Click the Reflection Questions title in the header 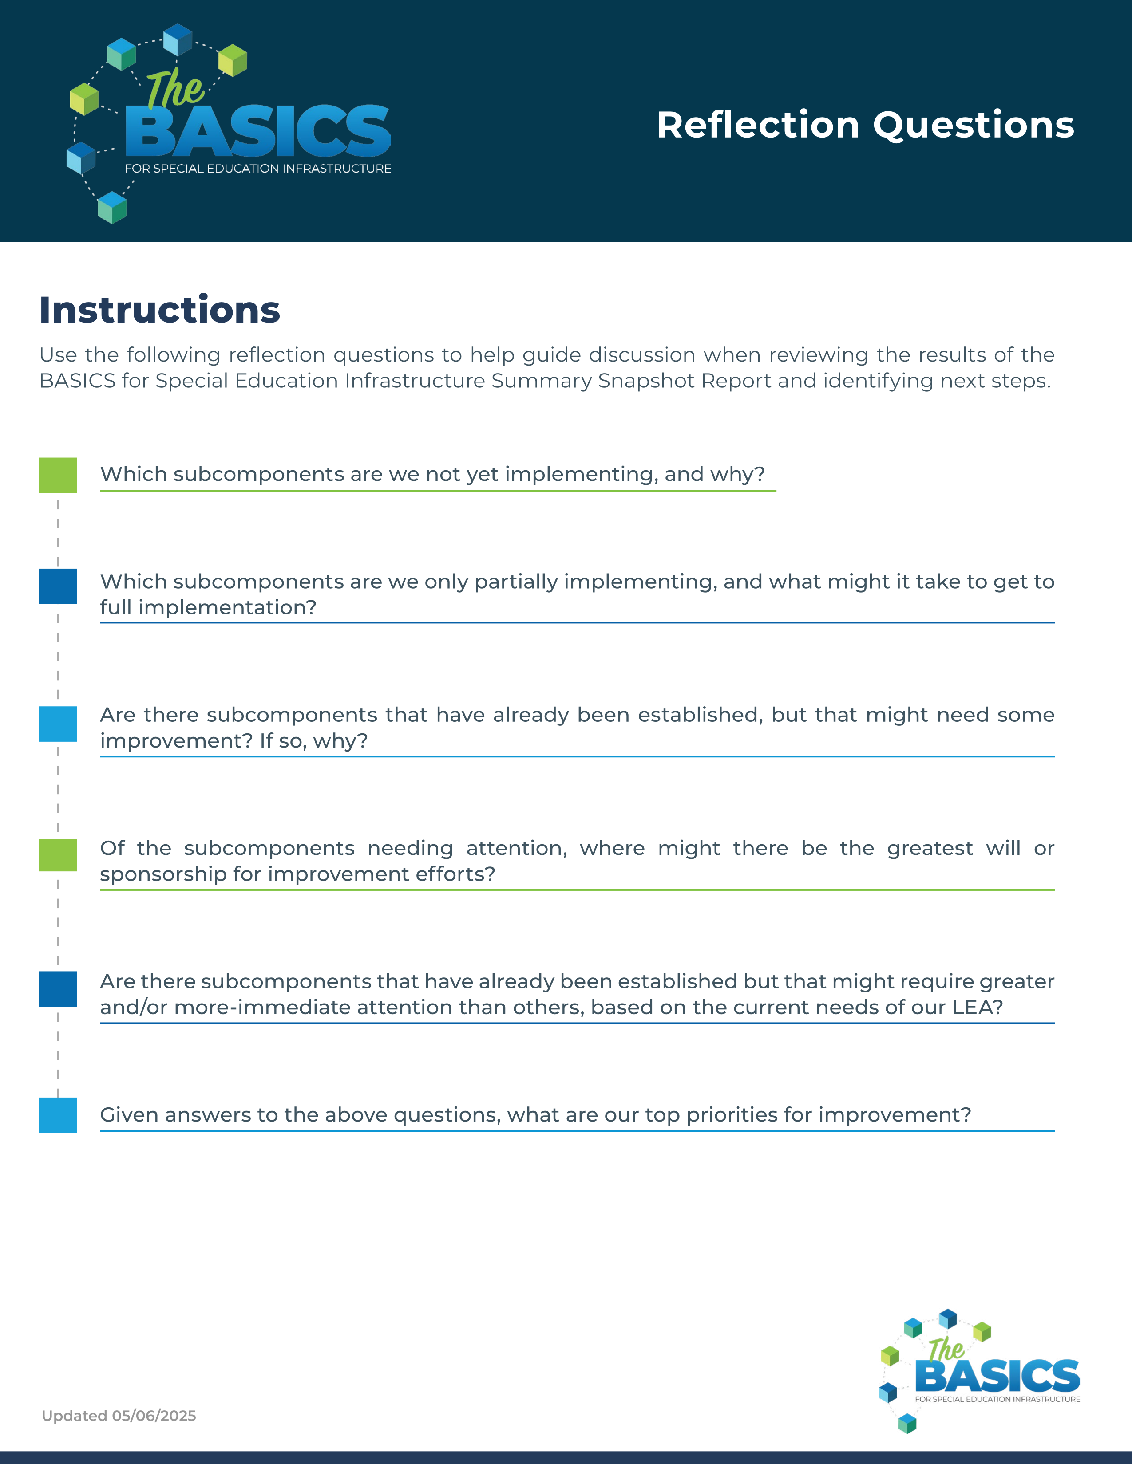[865, 126]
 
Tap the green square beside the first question [58, 475]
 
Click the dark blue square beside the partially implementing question [58, 586]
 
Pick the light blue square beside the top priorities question [58, 1115]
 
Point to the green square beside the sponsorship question [58, 855]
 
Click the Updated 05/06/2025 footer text [119, 1416]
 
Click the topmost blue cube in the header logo [178, 39]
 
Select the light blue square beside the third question [58, 724]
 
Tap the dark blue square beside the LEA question [58, 989]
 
